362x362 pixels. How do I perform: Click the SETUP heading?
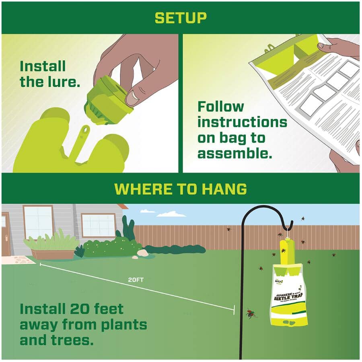point(181,18)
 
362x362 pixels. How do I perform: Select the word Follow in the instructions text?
point(221,107)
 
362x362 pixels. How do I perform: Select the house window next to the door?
point(38,222)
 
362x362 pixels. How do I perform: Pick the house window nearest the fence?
point(99,225)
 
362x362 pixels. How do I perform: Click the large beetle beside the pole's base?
point(252,313)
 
